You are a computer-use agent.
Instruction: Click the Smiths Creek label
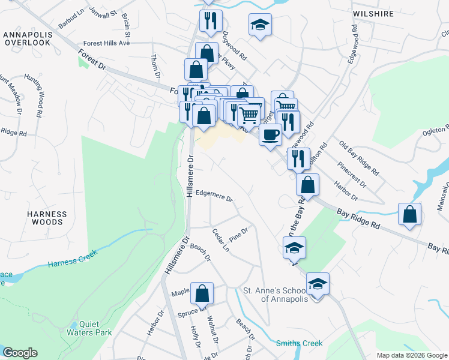coord(299,343)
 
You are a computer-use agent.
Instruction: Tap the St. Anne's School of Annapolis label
coord(275,295)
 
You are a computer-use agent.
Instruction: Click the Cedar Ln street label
coord(221,239)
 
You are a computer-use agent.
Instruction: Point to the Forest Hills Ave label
coord(107,43)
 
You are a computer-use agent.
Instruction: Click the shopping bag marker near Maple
coord(202,293)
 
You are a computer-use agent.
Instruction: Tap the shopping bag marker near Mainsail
coord(409,214)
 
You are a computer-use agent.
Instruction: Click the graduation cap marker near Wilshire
coord(260,25)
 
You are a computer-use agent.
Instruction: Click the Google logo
coord(20,353)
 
